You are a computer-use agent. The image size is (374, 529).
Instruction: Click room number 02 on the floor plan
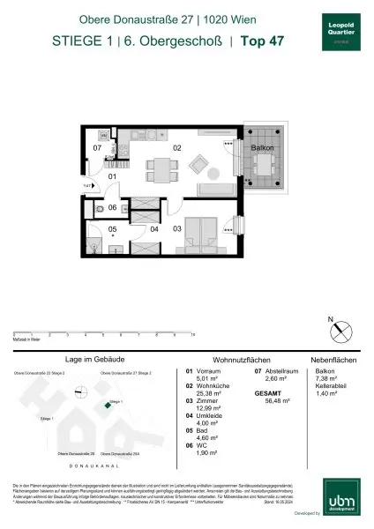point(176,148)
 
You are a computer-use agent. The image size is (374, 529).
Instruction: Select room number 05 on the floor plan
point(112,229)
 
